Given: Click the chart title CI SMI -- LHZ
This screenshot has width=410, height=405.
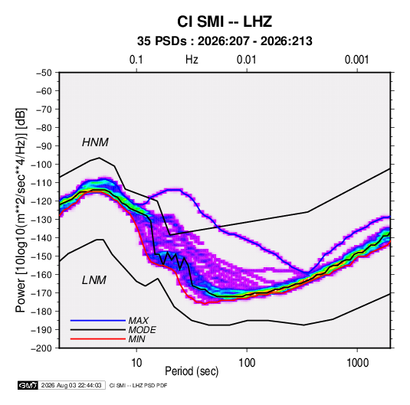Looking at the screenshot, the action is point(225,21).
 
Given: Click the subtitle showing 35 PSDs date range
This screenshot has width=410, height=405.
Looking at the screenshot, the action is point(225,41).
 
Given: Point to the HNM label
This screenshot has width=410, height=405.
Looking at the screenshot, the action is point(95,142).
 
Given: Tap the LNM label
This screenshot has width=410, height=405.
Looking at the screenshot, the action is point(94,280).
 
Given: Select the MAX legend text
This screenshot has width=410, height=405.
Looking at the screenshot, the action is point(139,320).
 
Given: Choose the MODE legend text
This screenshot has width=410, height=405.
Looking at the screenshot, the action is point(143,330).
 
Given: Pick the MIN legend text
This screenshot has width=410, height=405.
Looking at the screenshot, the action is point(136,339).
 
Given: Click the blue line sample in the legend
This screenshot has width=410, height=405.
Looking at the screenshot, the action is point(98,320).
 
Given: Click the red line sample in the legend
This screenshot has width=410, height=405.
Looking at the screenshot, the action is point(98,339).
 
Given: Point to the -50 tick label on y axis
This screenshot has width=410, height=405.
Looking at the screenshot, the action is point(44,73).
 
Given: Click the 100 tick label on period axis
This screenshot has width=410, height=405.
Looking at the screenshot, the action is point(247,363).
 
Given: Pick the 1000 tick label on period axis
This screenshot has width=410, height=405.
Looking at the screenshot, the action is point(357,363).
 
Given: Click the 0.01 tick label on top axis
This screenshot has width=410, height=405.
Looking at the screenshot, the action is point(246,60).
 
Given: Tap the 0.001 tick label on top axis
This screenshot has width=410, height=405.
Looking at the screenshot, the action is point(356,60).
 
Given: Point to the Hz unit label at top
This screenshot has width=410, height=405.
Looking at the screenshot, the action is point(192,60).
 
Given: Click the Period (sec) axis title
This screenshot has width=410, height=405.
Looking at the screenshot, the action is point(192,371).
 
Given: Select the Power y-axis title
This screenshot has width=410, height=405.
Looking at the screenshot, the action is point(21,210).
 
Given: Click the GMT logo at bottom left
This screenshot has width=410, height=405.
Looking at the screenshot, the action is point(28,385).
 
